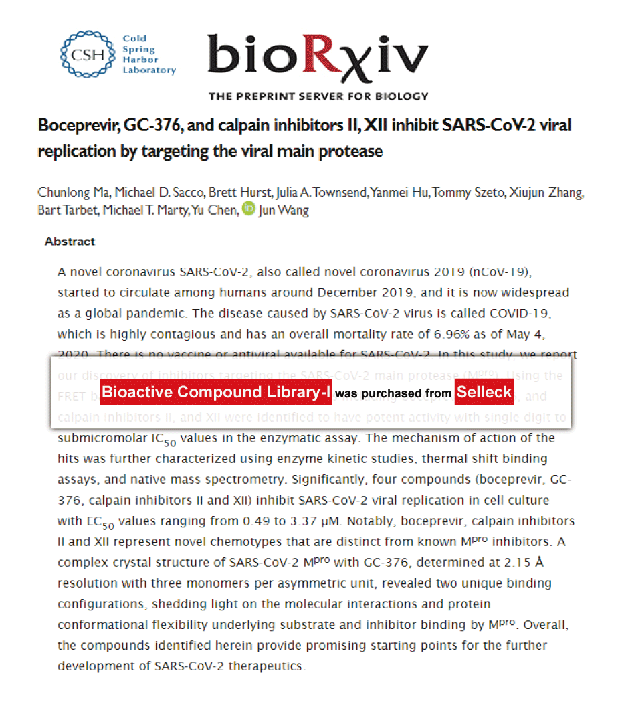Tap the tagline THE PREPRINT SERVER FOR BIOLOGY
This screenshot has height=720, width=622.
[x=318, y=96]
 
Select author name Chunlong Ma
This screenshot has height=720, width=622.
[x=70, y=193]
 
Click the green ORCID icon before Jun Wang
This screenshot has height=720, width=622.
[x=248, y=209]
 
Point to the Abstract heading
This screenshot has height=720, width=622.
[x=70, y=242]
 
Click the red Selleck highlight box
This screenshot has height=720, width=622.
[x=484, y=392]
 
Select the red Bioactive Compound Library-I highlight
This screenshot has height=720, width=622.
[x=216, y=392]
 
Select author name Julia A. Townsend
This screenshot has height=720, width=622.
[x=320, y=193]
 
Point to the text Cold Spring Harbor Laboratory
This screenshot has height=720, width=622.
[x=148, y=54]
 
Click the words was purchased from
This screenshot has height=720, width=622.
[x=393, y=393]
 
